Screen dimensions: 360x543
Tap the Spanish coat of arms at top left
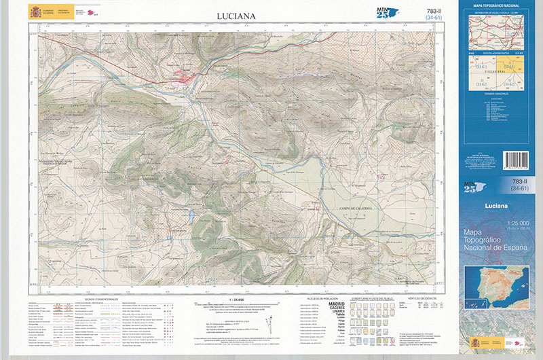[35, 12]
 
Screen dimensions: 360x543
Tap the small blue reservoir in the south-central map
[191, 218]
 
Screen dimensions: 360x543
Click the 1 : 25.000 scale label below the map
[236, 299]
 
